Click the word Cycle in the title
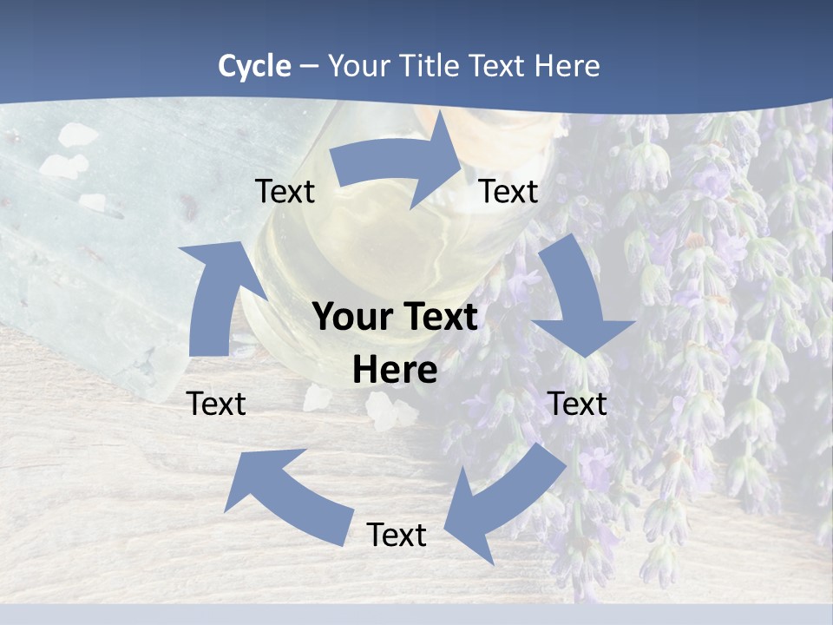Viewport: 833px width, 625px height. (x=254, y=66)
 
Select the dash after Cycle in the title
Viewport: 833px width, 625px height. (x=308, y=67)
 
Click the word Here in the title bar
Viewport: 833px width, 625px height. (x=567, y=66)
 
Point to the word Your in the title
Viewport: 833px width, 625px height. (x=357, y=66)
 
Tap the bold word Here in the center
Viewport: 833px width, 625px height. (x=395, y=371)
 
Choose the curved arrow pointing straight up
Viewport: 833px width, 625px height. (x=213, y=295)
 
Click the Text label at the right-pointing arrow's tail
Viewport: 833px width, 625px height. (x=285, y=192)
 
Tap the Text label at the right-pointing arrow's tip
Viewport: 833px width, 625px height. (x=508, y=192)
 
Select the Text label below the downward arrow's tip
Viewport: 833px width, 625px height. (x=577, y=404)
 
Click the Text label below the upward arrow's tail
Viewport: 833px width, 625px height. (x=216, y=404)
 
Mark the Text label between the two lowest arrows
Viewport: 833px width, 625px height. (x=397, y=535)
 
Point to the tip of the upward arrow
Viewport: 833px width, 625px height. (x=206, y=245)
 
